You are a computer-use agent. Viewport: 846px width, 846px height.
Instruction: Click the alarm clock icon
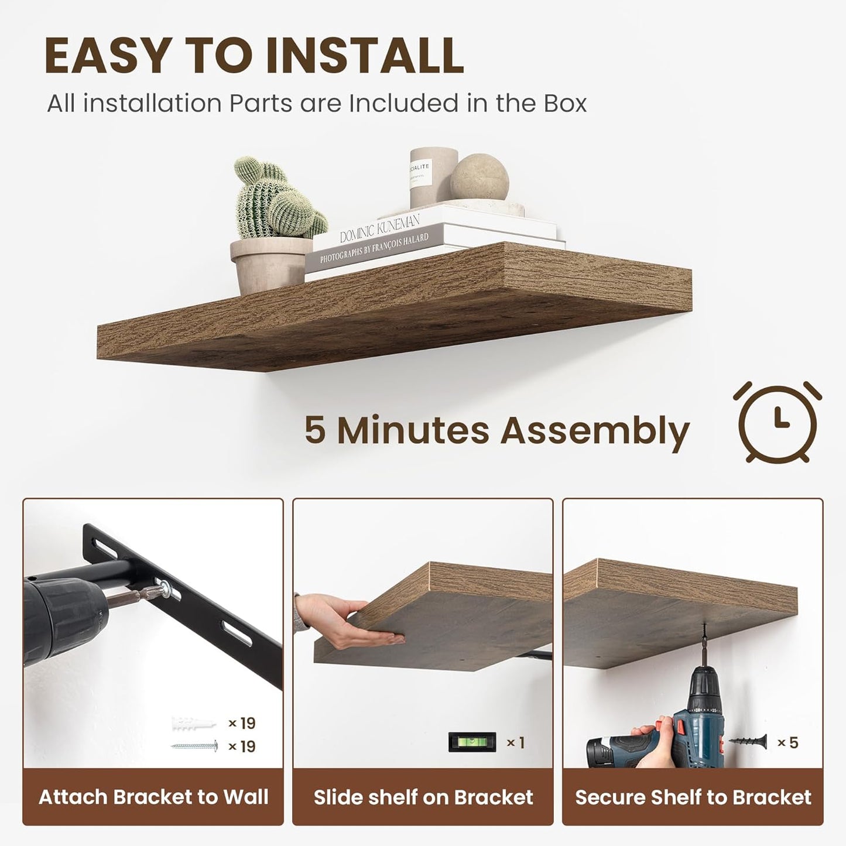click(777, 422)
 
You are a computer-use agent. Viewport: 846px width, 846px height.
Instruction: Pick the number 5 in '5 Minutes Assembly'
click(314, 430)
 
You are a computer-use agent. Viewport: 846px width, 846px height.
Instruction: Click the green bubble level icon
click(472, 742)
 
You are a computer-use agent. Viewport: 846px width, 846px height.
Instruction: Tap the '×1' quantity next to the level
click(515, 742)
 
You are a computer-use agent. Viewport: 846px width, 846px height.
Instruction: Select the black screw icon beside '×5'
click(748, 742)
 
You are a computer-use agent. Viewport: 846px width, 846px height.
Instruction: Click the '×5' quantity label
click(787, 742)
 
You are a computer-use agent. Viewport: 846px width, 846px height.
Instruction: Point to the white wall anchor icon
click(194, 724)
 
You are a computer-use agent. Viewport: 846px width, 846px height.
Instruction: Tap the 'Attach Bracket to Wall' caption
click(153, 797)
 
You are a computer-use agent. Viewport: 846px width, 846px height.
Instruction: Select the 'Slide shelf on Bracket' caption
click(423, 797)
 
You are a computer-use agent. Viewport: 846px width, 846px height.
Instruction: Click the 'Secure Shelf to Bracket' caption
click(693, 797)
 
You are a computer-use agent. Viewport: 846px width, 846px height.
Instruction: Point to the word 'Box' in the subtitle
click(565, 104)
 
